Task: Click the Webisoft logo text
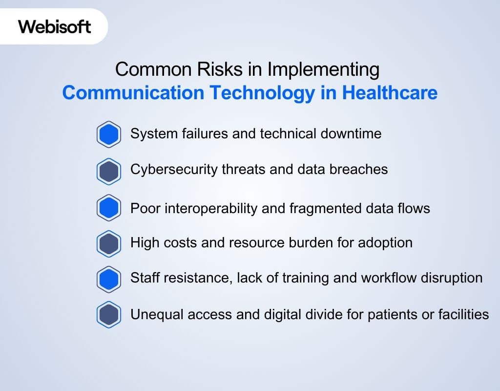(55, 26)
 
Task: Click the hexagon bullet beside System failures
(108, 134)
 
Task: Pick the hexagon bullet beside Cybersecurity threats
(108, 171)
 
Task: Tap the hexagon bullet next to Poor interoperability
(108, 208)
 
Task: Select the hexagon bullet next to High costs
(108, 243)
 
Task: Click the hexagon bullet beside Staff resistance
(108, 279)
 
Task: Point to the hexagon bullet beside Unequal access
(108, 315)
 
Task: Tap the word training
(303, 278)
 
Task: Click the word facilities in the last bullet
(463, 314)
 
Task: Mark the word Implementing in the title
(323, 69)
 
